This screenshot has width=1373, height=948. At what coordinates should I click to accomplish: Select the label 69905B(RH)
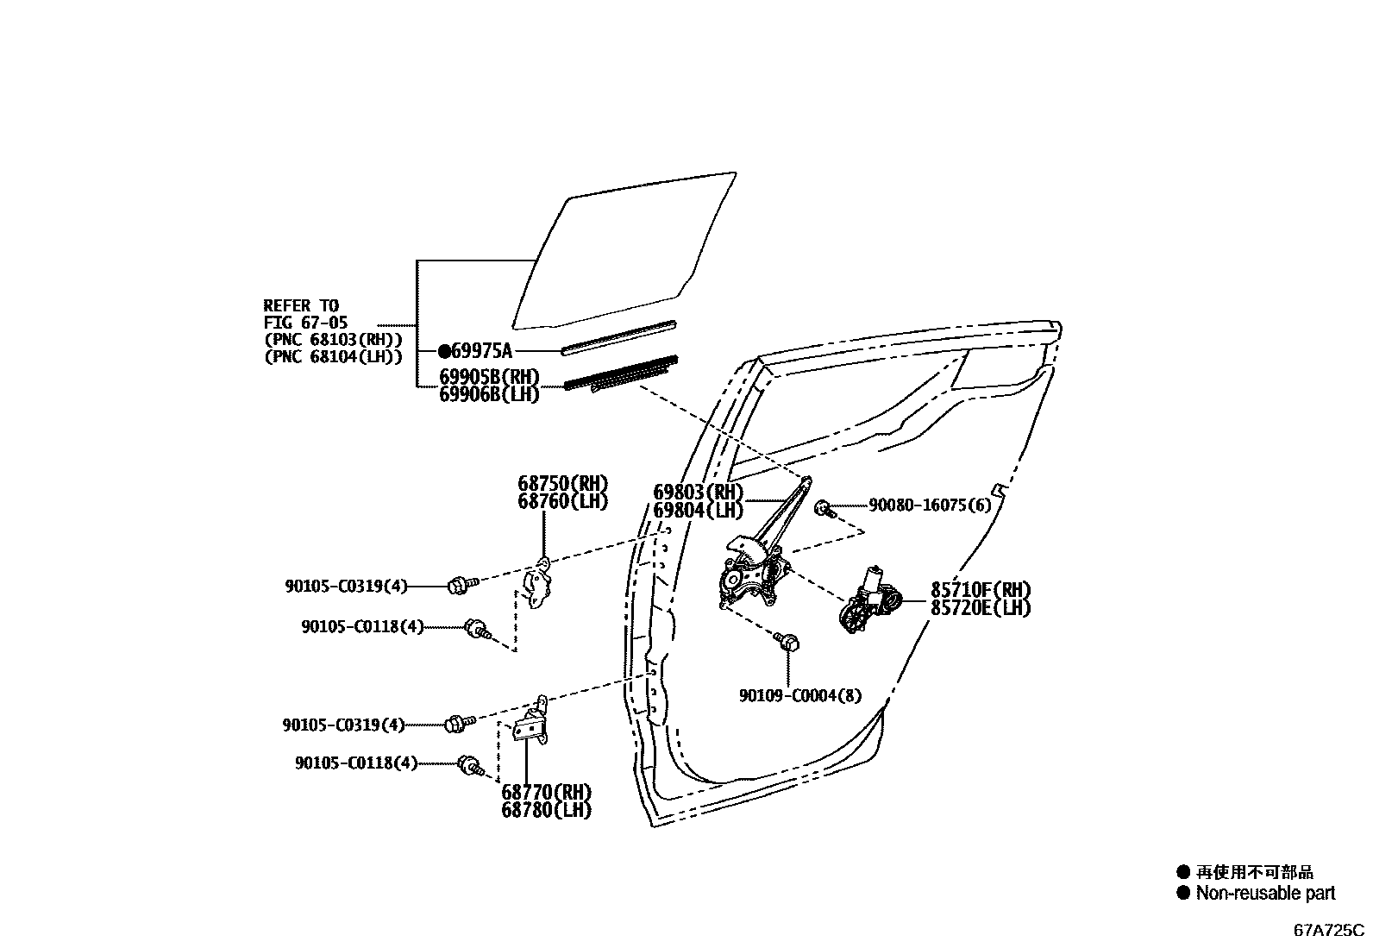pyautogui.click(x=489, y=377)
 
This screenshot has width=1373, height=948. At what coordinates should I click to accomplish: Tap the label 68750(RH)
pyautogui.click(x=563, y=483)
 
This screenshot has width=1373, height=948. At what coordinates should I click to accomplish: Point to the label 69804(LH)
pyautogui.click(x=698, y=510)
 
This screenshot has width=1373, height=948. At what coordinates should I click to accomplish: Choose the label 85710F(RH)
pyautogui.click(x=981, y=590)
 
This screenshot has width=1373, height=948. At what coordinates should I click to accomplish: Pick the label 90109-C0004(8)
pyautogui.click(x=799, y=694)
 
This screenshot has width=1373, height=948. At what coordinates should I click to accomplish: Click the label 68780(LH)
pyautogui.click(x=547, y=810)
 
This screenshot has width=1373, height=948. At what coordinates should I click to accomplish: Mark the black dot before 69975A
pyautogui.click(x=444, y=351)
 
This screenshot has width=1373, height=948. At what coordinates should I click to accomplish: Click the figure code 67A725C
pyautogui.click(x=1329, y=931)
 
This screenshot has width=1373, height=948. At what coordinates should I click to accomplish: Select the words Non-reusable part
pyautogui.click(x=1265, y=894)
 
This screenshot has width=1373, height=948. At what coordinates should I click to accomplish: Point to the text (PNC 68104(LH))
pyautogui.click(x=333, y=356)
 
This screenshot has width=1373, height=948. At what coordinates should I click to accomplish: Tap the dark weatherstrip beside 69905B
pyautogui.click(x=619, y=374)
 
